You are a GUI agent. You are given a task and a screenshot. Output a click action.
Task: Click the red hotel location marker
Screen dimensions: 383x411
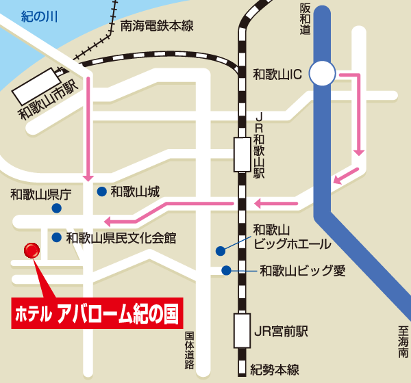click(x=32, y=251)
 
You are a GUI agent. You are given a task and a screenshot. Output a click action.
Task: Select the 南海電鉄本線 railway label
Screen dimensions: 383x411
click(x=157, y=26)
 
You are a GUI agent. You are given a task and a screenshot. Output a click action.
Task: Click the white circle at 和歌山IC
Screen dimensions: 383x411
click(x=322, y=72)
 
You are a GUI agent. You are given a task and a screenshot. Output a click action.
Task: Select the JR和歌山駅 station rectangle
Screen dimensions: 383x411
click(x=242, y=154)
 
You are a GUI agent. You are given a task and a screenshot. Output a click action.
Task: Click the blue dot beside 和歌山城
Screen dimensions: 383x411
click(x=101, y=191)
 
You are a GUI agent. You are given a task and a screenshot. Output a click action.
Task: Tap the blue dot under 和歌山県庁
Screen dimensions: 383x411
click(x=58, y=208)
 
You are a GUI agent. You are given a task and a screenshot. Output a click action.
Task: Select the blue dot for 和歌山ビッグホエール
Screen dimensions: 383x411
click(x=220, y=250)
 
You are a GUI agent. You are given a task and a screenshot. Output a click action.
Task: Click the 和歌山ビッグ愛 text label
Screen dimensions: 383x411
click(x=302, y=271)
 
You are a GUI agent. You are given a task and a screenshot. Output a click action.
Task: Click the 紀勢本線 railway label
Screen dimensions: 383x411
click(x=275, y=370)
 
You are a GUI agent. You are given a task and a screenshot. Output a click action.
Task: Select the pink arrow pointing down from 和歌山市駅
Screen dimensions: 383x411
click(x=87, y=123)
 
